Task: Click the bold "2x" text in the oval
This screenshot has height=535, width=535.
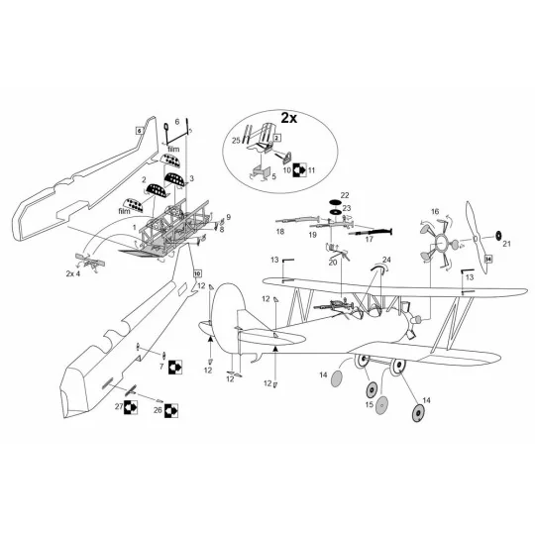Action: (x=287, y=117)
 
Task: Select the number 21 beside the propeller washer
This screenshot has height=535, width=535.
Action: (x=507, y=243)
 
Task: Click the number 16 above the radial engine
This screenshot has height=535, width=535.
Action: (x=434, y=212)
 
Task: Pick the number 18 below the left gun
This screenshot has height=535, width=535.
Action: (x=176, y=123)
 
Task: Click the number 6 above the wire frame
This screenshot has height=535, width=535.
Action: (x=176, y=123)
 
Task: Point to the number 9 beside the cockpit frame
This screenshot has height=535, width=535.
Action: (x=228, y=217)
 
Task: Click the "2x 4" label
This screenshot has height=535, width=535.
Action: (x=74, y=272)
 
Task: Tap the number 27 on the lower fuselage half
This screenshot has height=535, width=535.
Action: (x=119, y=406)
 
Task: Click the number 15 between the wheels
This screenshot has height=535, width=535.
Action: (x=369, y=404)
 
